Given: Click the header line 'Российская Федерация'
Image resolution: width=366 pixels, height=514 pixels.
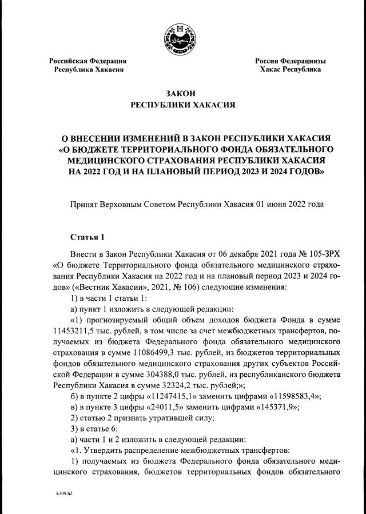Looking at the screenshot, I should (87, 61).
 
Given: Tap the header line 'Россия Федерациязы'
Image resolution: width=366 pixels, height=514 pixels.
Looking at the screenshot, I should (290, 61).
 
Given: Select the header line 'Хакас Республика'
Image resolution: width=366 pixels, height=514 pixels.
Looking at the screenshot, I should (290, 69).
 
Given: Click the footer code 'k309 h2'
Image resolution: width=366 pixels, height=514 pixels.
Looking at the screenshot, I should (61, 492).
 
